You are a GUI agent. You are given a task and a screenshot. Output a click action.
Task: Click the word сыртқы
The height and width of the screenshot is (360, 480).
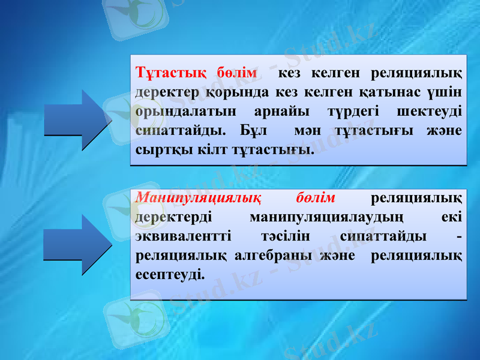(x=160, y=148)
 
